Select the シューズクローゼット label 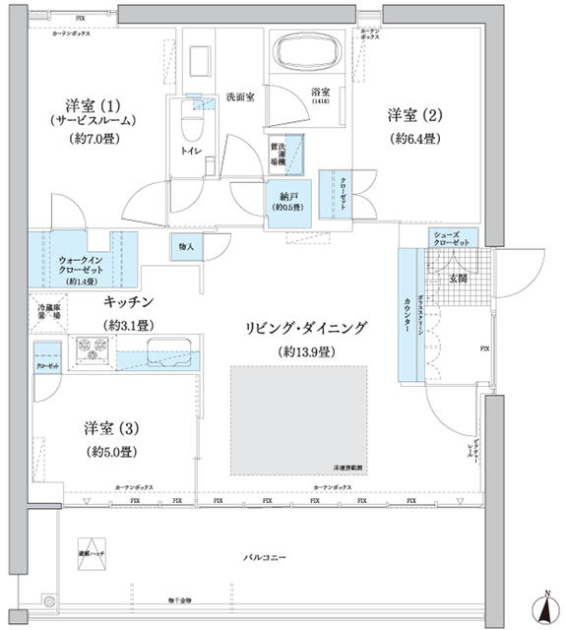pos(454,238)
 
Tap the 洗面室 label pos(240,98)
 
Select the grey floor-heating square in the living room pos(298,417)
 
